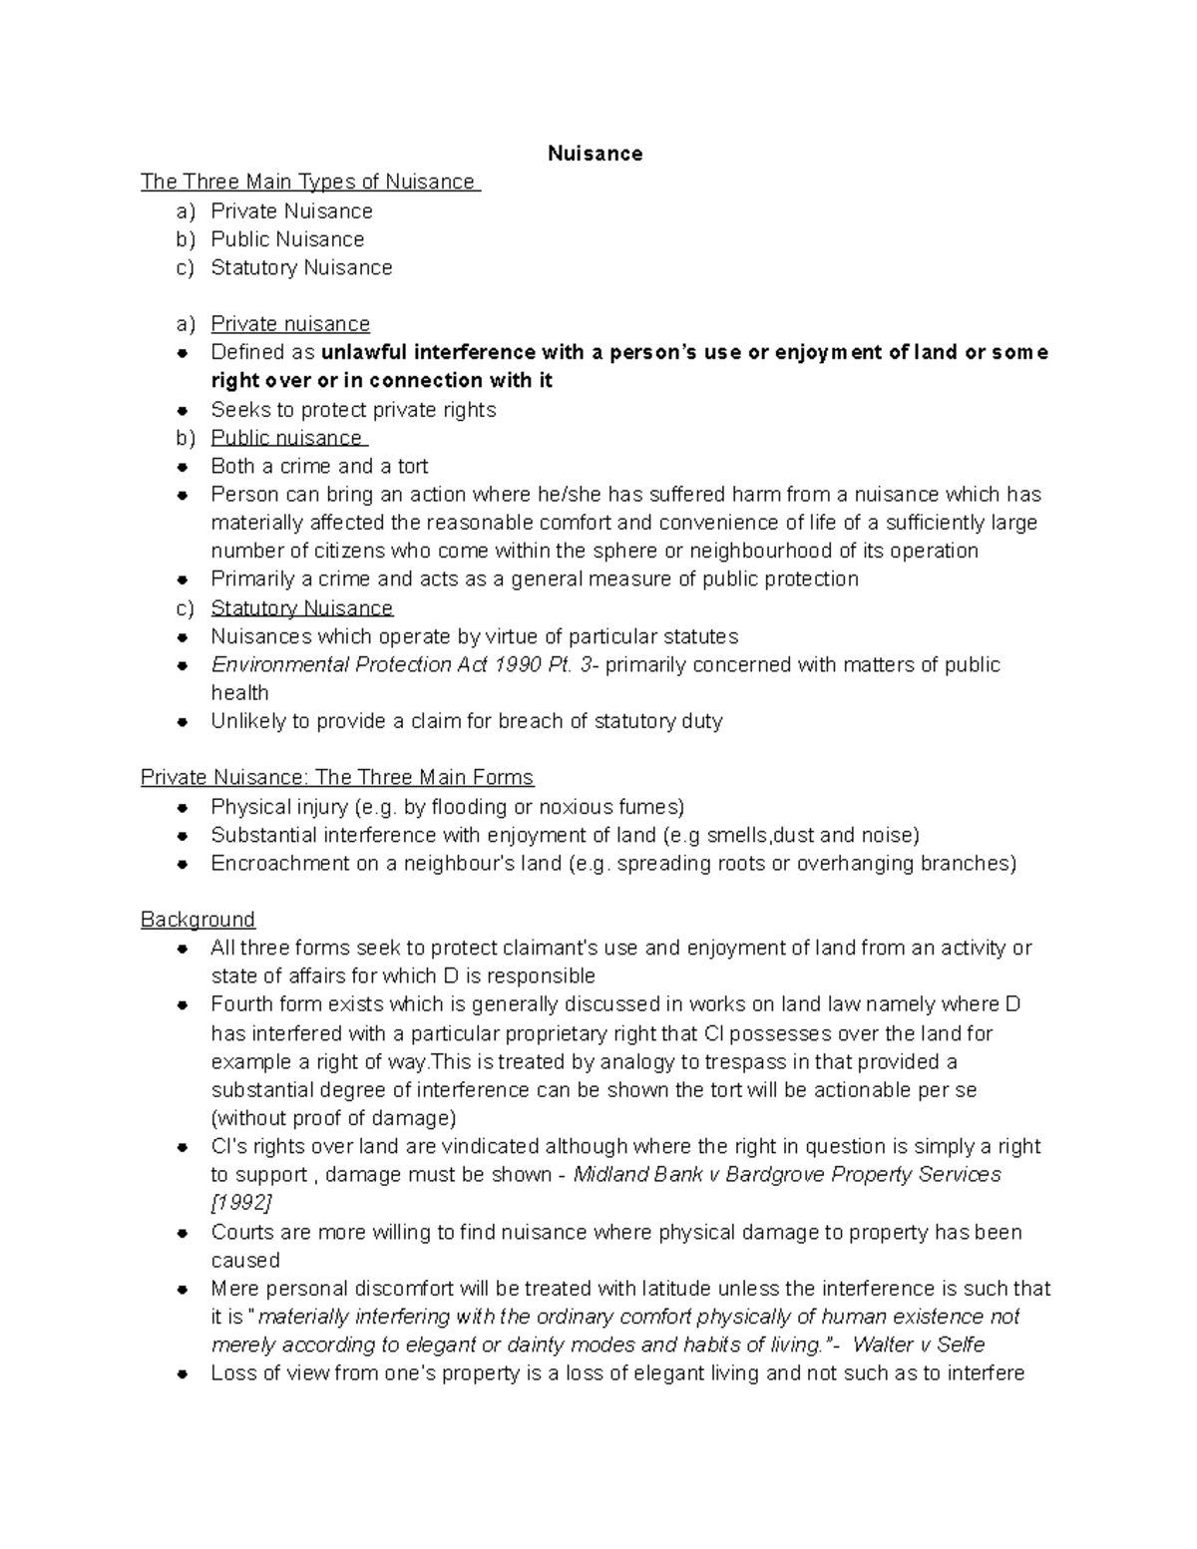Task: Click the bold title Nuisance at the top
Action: [595, 154]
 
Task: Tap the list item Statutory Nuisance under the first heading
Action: [301, 267]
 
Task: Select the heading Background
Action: [198, 920]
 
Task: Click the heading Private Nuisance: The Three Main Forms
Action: [337, 777]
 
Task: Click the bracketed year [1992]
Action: [241, 1202]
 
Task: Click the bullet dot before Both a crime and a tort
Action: [182, 467]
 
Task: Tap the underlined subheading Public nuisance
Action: [287, 438]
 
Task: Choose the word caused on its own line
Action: [245, 1260]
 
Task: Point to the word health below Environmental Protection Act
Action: [239, 693]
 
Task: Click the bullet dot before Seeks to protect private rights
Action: [182, 410]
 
